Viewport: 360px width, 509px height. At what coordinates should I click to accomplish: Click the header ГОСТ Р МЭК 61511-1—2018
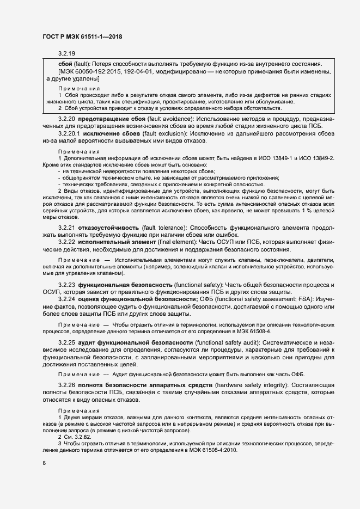82,36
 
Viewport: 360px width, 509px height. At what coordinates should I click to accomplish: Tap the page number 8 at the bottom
44,463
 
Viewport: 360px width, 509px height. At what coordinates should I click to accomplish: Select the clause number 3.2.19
66,53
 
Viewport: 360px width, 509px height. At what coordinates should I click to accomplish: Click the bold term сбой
57,64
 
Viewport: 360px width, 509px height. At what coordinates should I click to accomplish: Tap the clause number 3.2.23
66,285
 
